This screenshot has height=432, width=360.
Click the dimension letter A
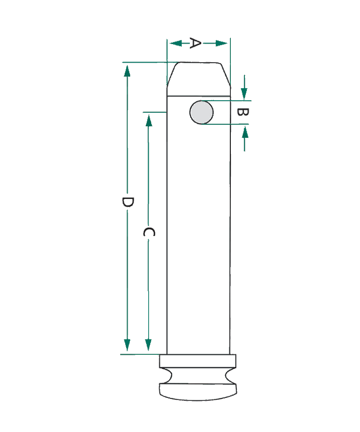coord(195,43)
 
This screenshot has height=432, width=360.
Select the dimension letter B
coord(243,112)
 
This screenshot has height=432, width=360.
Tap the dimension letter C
coord(149,232)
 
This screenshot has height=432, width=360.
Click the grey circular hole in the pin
coord(201,112)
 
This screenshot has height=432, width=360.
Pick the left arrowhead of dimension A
coord(176,43)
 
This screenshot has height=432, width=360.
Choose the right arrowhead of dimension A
coord(221,43)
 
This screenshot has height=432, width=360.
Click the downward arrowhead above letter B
coord(244,94)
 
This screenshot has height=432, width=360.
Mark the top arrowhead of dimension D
coord(127,71)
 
